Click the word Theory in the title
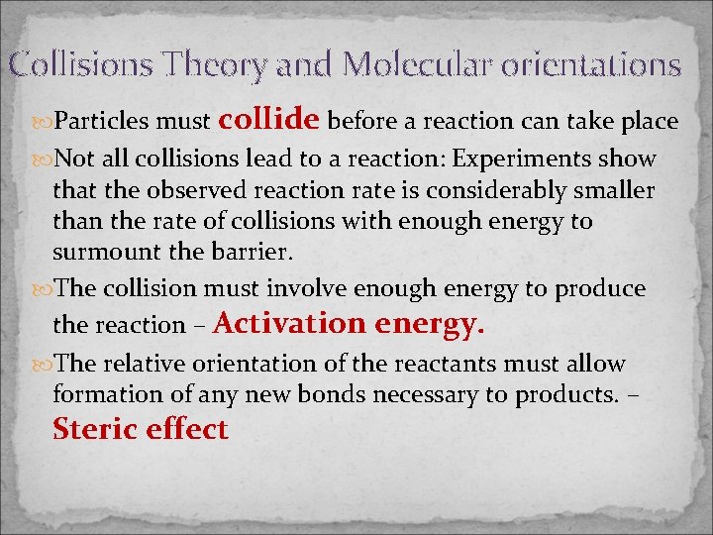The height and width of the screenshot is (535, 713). (219, 65)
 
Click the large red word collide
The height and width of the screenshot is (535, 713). (268, 121)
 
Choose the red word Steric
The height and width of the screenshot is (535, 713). (95, 430)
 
